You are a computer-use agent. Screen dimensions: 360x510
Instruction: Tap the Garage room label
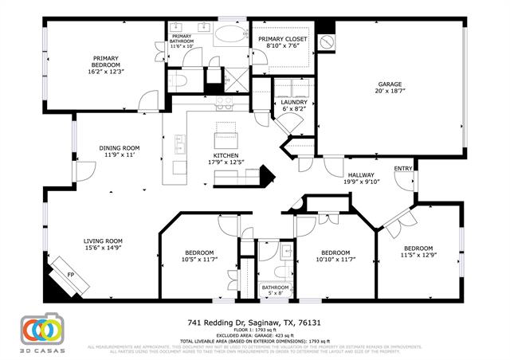[389, 84]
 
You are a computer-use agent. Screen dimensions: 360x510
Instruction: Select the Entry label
[403, 168]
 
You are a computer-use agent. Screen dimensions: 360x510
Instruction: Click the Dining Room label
[120, 147]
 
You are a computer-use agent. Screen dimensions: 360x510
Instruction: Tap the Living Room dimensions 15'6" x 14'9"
[104, 247]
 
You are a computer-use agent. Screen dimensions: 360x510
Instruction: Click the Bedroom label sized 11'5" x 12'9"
[417, 248]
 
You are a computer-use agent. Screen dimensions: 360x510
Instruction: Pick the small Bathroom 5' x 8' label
[275, 288]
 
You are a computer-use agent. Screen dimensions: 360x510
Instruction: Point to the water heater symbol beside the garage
[325, 41]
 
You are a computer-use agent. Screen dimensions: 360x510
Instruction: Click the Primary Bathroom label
[182, 37]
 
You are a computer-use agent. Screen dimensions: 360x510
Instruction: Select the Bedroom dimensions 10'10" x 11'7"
[335, 259]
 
